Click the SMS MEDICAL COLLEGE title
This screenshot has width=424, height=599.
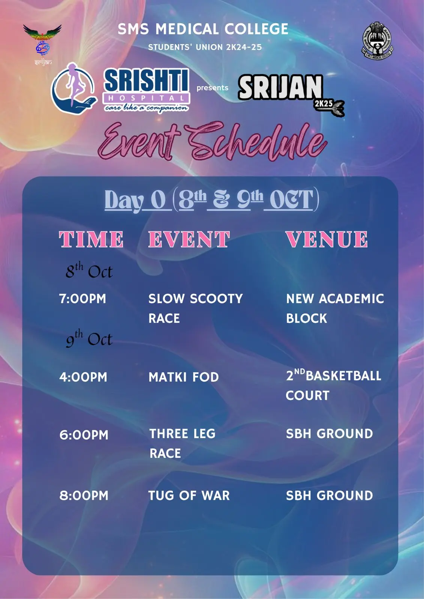click(x=203, y=29)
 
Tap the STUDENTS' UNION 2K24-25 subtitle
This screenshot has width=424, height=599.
click(x=205, y=47)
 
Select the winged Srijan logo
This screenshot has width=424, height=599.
click(x=43, y=45)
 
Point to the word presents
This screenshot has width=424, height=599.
click(x=213, y=88)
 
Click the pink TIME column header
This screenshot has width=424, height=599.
click(x=91, y=239)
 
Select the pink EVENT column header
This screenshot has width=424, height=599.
click(x=189, y=239)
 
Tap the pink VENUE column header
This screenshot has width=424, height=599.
click(x=327, y=239)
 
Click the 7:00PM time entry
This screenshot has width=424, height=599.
click(x=82, y=299)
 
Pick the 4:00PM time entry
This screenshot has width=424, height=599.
click(x=83, y=377)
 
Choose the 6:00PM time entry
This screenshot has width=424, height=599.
click(x=84, y=435)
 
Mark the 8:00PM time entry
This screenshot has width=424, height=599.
click(x=84, y=496)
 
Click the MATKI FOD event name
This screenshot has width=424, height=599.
click(x=184, y=377)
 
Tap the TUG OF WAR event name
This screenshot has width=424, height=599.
click(x=189, y=496)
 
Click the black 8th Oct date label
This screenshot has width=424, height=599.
click(x=89, y=271)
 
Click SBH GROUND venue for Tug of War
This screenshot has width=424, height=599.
click(x=330, y=496)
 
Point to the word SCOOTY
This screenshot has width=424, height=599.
click(x=216, y=299)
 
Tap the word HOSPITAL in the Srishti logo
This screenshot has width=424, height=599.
click(x=146, y=98)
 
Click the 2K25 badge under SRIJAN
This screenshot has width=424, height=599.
click(x=324, y=103)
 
